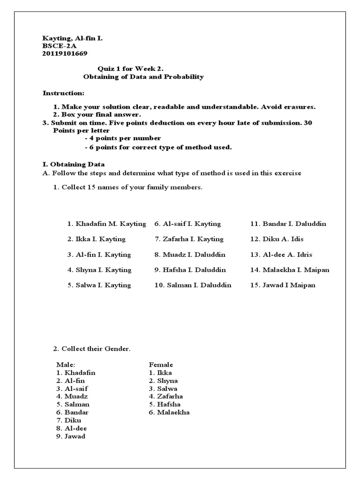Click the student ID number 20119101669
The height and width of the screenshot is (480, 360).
pyautogui.click(x=65, y=53)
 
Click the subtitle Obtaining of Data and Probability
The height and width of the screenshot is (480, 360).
pyautogui.click(x=143, y=76)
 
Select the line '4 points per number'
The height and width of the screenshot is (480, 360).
pyautogui.click(x=123, y=138)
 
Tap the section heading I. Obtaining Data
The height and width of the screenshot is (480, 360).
pyautogui.click(x=74, y=165)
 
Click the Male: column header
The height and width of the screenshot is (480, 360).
pyautogui.click(x=66, y=364)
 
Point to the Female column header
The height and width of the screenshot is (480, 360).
pyautogui.click(x=161, y=364)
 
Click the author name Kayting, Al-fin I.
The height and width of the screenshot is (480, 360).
pyautogui.click(x=72, y=38)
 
